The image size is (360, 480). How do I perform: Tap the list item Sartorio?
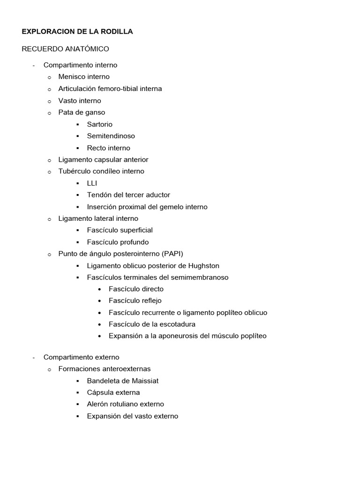pyautogui.click(x=100, y=124)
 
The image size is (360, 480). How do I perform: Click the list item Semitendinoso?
pyautogui.click(x=111, y=136)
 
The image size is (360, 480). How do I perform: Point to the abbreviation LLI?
pyautogui.click(x=92, y=183)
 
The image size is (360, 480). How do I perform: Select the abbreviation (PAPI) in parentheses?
pyautogui.click(x=172, y=254)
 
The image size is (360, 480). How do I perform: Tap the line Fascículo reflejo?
pyautogui.click(x=135, y=300)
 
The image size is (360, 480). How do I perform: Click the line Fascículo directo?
pyautogui.click(x=136, y=289)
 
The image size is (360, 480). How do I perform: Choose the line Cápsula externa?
pyautogui.click(x=113, y=392)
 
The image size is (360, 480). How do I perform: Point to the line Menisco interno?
pyautogui.click(x=84, y=76)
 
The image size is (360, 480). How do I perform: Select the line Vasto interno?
pyautogui.click(x=80, y=100)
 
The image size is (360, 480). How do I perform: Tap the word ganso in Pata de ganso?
pyautogui.click(x=96, y=112)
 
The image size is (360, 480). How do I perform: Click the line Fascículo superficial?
pyautogui.click(x=120, y=230)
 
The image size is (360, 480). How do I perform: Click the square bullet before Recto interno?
pyautogui.click(x=77, y=148)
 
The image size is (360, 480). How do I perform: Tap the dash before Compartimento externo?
pyautogui.click(x=34, y=357)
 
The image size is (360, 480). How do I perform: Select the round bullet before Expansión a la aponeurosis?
pyautogui.click(x=100, y=336)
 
